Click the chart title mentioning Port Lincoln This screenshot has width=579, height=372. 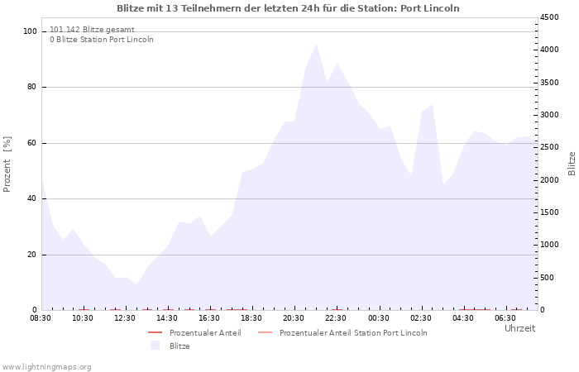(x=288, y=8)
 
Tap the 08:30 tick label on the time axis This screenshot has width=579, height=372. (x=41, y=318)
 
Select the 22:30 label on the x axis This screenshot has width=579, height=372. (x=336, y=318)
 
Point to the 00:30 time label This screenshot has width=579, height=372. (x=379, y=318)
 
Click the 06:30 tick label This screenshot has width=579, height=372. (x=505, y=318)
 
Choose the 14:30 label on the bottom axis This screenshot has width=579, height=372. (x=167, y=318)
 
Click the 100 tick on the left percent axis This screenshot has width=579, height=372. (x=30, y=31)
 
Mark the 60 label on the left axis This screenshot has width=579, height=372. (x=31, y=143)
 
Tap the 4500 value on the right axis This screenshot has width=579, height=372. (x=549, y=17)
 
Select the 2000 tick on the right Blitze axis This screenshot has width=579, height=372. (x=549, y=180)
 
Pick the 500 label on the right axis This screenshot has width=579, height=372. (x=548, y=278)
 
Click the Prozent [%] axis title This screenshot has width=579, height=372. (x=7, y=165)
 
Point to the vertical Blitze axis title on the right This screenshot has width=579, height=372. (x=572, y=164)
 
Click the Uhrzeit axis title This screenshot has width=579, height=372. (x=520, y=328)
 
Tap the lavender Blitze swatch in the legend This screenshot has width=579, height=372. (x=156, y=346)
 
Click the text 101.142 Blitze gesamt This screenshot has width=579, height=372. (x=92, y=30)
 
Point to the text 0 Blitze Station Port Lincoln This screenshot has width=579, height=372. (x=102, y=40)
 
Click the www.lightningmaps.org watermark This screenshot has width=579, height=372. (x=46, y=367)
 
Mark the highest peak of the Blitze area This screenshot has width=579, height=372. (x=317, y=44)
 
